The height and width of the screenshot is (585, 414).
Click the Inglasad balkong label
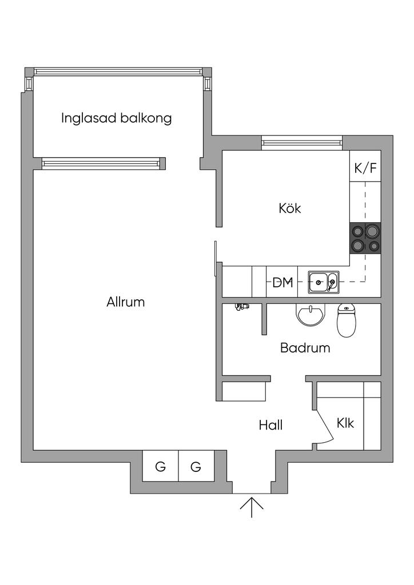pyautogui.click(x=117, y=118)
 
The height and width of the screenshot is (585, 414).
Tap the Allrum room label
pyautogui.click(x=125, y=302)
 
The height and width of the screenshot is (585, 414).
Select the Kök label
pyautogui.click(x=290, y=208)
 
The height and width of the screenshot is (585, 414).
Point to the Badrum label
pyautogui.click(x=305, y=348)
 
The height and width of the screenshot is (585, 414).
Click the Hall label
pyautogui.click(x=270, y=425)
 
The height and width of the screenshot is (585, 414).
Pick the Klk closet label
pyautogui.click(x=345, y=423)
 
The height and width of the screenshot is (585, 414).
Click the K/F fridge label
pyautogui.click(x=365, y=169)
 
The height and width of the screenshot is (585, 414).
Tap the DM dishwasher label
pyautogui.click(x=282, y=282)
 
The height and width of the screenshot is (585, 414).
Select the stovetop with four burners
pyautogui.click(x=365, y=238)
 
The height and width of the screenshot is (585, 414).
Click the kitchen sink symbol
pyautogui.click(x=324, y=282)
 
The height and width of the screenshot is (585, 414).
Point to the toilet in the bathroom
pyautogui.click(x=347, y=320)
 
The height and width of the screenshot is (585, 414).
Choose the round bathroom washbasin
pyautogui.click(x=310, y=315)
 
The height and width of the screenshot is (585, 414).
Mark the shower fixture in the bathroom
pyautogui.click(x=241, y=307)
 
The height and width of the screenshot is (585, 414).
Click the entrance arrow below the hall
pyautogui.click(x=252, y=507)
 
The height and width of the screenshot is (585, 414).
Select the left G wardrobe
pyautogui.click(x=161, y=466)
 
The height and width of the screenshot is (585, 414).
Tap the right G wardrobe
pyautogui.click(x=196, y=466)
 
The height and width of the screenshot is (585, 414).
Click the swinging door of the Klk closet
pyautogui.click(x=324, y=425)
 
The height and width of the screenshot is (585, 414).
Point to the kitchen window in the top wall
pyautogui.click(x=301, y=142)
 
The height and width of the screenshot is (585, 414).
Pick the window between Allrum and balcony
pyautogui.click(x=103, y=163)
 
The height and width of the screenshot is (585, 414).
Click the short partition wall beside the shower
pyautogui.click(x=264, y=319)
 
